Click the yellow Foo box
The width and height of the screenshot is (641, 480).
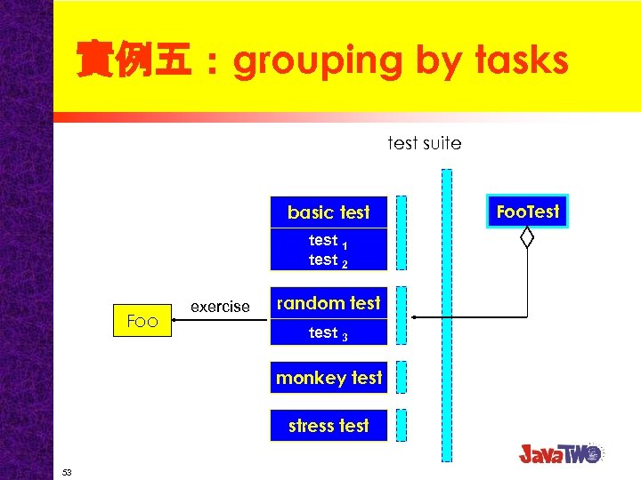[142, 321]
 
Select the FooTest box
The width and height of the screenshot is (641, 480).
[527, 212]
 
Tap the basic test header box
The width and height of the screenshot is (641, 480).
[329, 212]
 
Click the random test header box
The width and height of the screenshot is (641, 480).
[329, 303]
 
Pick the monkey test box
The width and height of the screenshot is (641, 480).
[329, 378]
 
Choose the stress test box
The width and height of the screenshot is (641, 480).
[329, 426]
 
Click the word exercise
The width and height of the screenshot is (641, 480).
[220, 307]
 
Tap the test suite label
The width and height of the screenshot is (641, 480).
[425, 143]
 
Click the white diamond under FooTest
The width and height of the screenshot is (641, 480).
[527, 237]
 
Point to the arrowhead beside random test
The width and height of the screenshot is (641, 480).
[415, 316]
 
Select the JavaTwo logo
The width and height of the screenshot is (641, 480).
[561, 452]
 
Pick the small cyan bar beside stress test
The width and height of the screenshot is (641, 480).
[401, 426]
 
